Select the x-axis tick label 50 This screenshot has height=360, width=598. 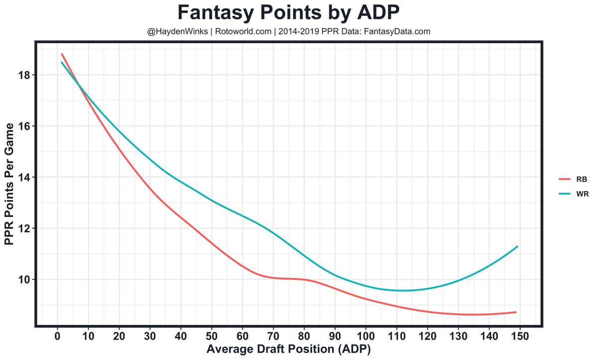click(211, 336)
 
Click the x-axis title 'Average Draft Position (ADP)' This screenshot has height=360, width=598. click(289, 349)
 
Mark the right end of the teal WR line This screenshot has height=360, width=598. click(517, 246)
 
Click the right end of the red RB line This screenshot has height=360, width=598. click(516, 312)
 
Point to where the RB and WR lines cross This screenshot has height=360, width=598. click(80, 85)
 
